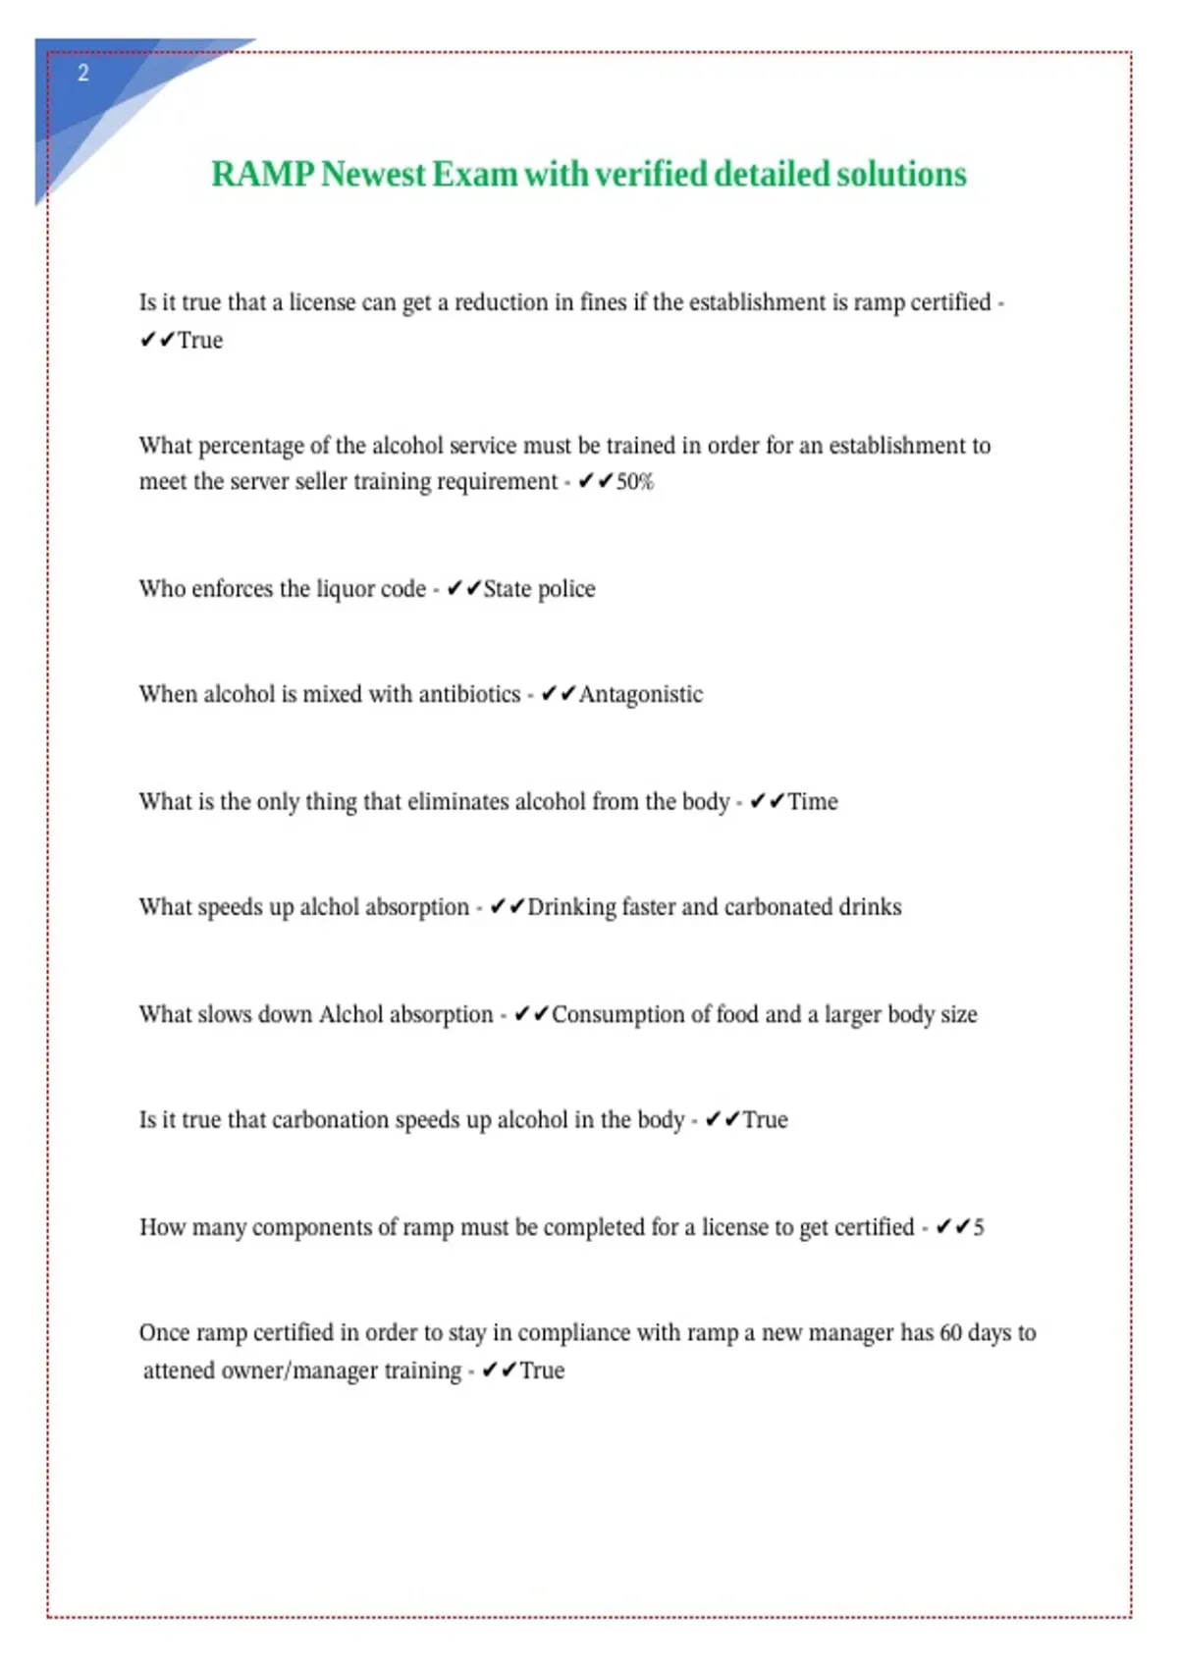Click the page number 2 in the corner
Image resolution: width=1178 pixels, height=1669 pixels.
pyautogui.click(x=83, y=73)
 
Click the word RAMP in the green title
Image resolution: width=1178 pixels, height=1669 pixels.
pyautogui.click(x=262, y=175)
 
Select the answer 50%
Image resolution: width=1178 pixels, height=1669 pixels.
pyautogui.click(x=634, y=482)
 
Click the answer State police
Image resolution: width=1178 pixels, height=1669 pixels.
pyautogui.click(x=539, y=589)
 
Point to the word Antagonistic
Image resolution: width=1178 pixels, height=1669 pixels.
pyautogui.click(x=640, y=695)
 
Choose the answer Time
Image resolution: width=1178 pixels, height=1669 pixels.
pyautogui.click(x=812, y=802)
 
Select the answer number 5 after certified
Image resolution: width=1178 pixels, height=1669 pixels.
pyautogui.click(x=978, y=1227)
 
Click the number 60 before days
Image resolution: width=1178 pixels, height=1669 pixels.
pyautogui.click(x=950, y=1333)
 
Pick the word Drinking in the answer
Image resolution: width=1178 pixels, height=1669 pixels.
pyautogui.click(x=570, y=907)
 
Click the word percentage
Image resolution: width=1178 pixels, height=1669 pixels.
pyautogui.click(x=250, y=447)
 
